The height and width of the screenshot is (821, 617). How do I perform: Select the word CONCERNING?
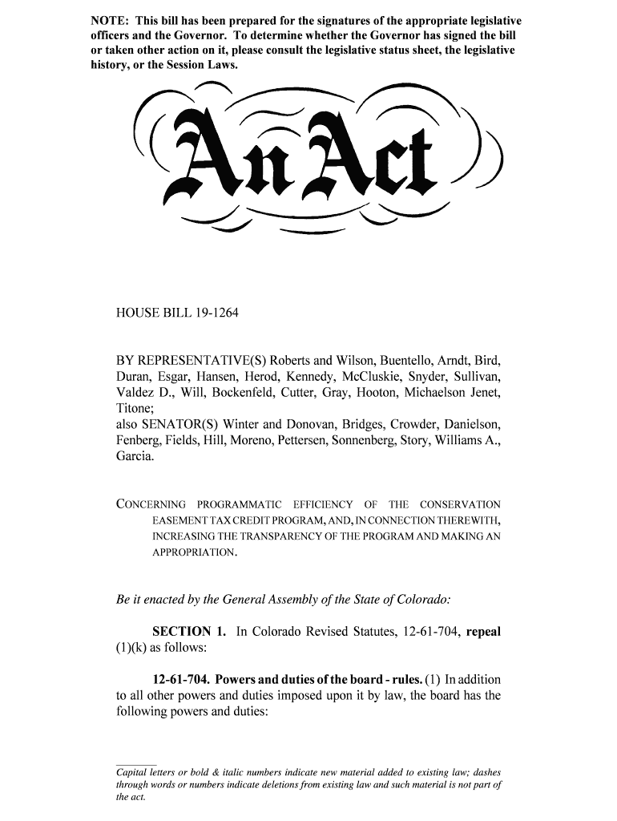click(x=151, y=505)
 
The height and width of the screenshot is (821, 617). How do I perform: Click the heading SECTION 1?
click(x=184, y=632)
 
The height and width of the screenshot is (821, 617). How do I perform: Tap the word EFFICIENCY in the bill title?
click(x=322, y=505)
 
